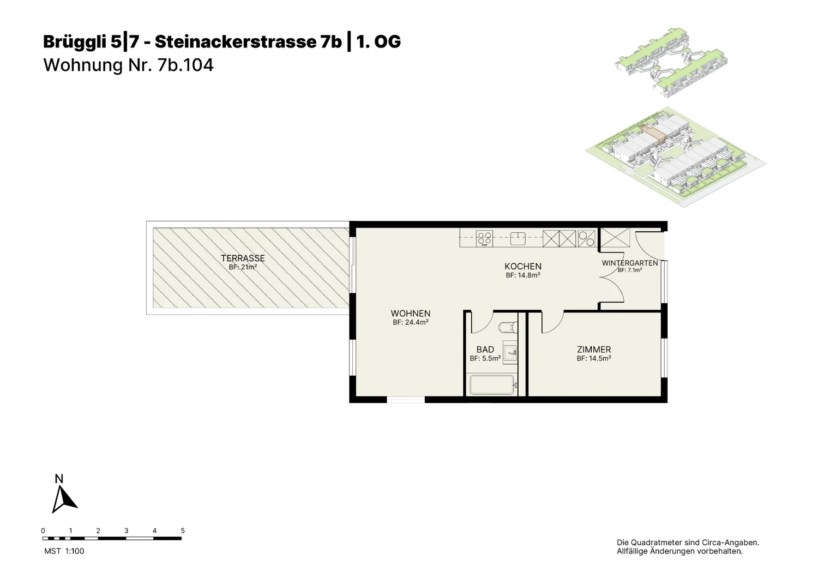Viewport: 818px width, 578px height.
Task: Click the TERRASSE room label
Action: point(243,258)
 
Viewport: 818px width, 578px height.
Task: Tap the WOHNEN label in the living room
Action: point(411,314)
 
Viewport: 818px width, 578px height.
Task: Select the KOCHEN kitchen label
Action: point(523,266)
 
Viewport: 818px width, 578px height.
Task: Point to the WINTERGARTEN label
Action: point(630,263)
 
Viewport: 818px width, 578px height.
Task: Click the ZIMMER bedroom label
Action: point(594,350)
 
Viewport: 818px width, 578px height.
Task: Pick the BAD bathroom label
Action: point(485,350)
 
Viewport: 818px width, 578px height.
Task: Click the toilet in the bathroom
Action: point(508,327)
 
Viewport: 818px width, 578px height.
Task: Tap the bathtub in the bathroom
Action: point(493,384)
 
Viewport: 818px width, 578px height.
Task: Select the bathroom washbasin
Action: point(510,352)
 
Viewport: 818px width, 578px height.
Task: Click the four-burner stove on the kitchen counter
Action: point(485,239)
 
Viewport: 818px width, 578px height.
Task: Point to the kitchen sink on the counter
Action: point(518,239)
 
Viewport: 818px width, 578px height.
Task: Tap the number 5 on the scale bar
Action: point(183,531)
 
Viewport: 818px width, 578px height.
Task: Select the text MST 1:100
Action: point(64,551)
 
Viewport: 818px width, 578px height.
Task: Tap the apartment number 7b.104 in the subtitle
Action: point(185,65)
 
